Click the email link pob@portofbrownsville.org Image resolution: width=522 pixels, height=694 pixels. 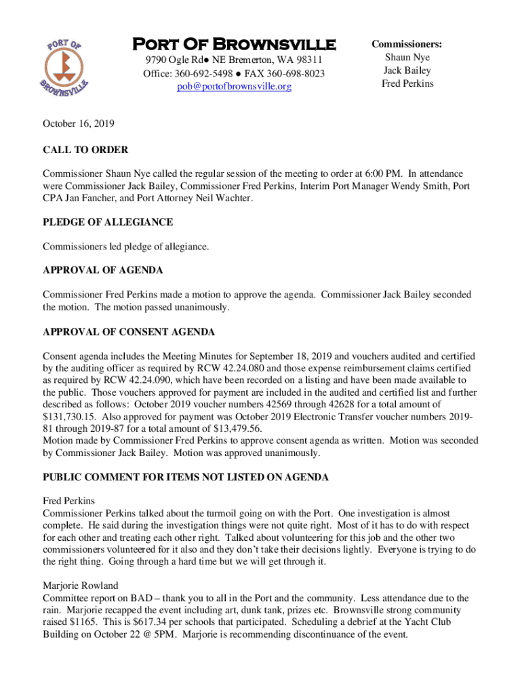click(x=234, y=87)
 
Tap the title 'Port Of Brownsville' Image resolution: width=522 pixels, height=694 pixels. click(x=234, y=45)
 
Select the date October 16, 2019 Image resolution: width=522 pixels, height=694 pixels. click(x=79, y=124)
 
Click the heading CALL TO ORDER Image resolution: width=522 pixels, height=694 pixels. click(x=85, y=150)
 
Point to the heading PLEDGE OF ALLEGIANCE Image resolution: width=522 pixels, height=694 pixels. click(x=108, y=222)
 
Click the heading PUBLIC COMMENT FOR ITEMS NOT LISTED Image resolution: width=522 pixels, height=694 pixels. click(x=186, y=477)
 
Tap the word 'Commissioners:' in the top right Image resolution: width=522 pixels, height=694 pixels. click(x=407, y=44)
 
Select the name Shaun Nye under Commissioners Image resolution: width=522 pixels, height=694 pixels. click(x=407, y=58)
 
